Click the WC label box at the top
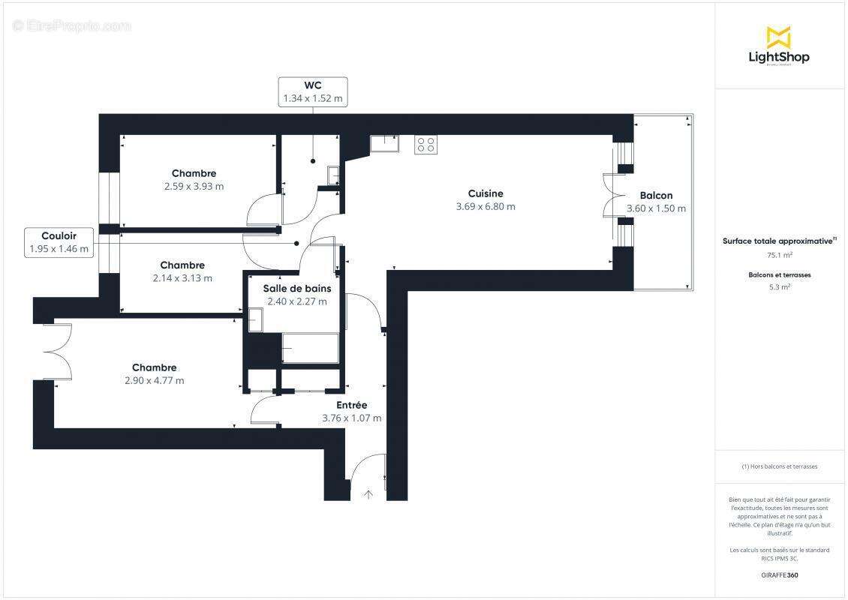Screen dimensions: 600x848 coord(313,91)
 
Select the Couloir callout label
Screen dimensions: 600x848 coord(59,242)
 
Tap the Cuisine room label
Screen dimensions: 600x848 coord(485,193)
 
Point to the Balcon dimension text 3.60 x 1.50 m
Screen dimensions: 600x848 coord(656,208)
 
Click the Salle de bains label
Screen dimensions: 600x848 coord(296,288)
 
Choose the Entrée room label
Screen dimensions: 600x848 coord(351,405)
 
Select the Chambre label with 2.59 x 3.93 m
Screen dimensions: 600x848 coord(194,173)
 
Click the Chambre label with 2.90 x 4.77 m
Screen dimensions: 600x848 coord(155,367)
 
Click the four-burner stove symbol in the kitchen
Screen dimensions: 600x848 coord(426,144)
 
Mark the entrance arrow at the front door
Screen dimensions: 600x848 coord(368,494)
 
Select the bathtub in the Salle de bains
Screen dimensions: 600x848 coord(310,349)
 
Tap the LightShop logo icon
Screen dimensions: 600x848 coord(778,37)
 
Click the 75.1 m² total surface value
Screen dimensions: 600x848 coord(779,255)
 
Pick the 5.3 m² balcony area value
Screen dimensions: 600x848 coord(779,286)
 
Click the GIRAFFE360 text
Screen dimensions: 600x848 coord(779,575)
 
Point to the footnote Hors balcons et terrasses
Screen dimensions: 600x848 coord(779,466)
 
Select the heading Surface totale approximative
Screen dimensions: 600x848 coord(777,241)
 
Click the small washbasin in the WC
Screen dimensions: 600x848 coord(333,175)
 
